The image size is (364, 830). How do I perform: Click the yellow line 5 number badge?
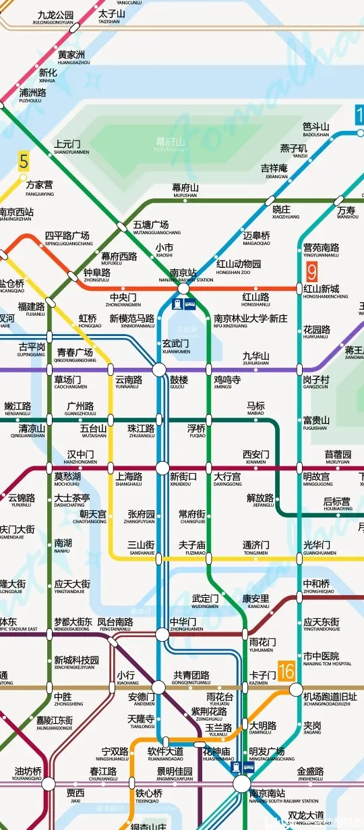coord(24,162)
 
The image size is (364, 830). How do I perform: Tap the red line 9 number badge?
coord(311,271)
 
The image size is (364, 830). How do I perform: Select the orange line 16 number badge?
coord(286,671)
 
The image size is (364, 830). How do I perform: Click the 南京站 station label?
coord(183,274)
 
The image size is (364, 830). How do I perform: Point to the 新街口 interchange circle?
coord(162,468)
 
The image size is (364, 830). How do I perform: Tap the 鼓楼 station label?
coord(179,381)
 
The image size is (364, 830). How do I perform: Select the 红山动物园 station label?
coord(239,265)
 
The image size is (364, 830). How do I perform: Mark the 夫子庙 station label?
coord(192,545)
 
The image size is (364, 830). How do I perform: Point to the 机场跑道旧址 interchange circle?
coord(296,689)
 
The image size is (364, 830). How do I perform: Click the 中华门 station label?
coord(183,623)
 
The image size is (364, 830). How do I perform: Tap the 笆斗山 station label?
coord(315,127)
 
